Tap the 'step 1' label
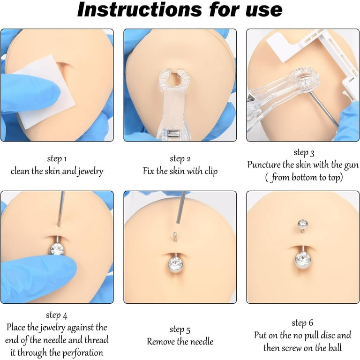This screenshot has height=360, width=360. tap(57, 159)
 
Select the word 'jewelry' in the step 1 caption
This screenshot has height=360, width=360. tap(90, 171)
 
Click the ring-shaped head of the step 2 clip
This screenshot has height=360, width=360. tap(174, 79)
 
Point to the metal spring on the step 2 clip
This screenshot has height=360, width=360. tap(173, 134)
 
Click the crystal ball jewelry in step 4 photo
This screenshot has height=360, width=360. tap(57, 248)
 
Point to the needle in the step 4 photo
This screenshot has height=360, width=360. tap(61, 209)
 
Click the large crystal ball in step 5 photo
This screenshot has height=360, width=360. tap(176, 264)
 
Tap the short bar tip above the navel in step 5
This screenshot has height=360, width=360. tap(175, 237)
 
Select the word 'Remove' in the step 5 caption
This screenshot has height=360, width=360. tap(161, 342)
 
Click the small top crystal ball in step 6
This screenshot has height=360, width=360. tap(302, 224)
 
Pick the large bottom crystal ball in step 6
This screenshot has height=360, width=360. tap(303, 260)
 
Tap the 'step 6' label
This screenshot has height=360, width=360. tap(302, 323)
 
